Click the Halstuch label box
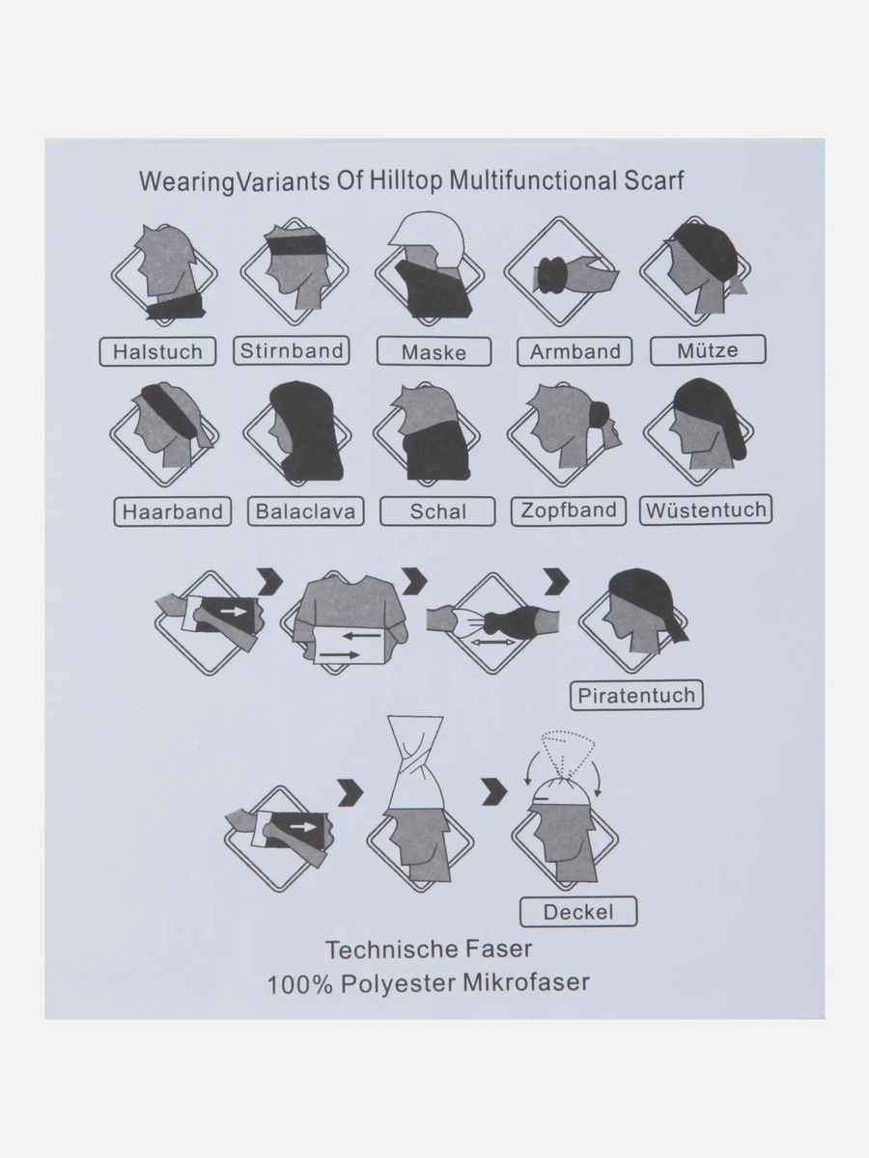click(157, 351)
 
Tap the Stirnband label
click(292, 350)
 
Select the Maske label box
click(434, 352)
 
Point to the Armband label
click(575, 352)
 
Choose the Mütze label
click(708, 350)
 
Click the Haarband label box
click(173, 511)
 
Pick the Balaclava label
click(306, 511)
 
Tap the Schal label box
click(437, 511)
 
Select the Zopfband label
click(569, 510)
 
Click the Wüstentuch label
click(706, 510)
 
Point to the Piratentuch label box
click(637, 695)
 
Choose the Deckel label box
click(578, 912)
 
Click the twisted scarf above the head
click(414, 763)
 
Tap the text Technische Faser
click(428, 950)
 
